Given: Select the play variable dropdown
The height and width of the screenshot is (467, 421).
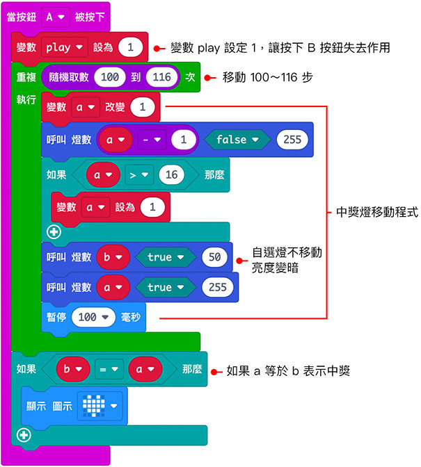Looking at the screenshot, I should (65, 47).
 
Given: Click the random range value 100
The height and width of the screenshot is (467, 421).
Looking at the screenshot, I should (109, 77).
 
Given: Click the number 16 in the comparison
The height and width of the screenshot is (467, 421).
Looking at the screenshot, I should (171, 175).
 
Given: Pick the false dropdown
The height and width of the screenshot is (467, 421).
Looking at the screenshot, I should (236, 140).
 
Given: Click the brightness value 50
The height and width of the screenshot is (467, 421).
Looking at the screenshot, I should (214, 257).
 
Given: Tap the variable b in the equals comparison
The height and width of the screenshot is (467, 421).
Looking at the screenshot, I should (72, 370).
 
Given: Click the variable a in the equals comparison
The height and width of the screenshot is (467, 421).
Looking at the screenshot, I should (144, 370).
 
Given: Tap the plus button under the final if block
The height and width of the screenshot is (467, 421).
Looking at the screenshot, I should (24, 435).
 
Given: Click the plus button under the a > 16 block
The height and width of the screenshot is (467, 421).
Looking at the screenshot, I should (54, 232).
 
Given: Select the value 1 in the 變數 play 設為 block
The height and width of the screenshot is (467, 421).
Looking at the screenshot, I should (131, 47).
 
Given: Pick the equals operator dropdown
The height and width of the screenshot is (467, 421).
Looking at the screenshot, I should (108, 370).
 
